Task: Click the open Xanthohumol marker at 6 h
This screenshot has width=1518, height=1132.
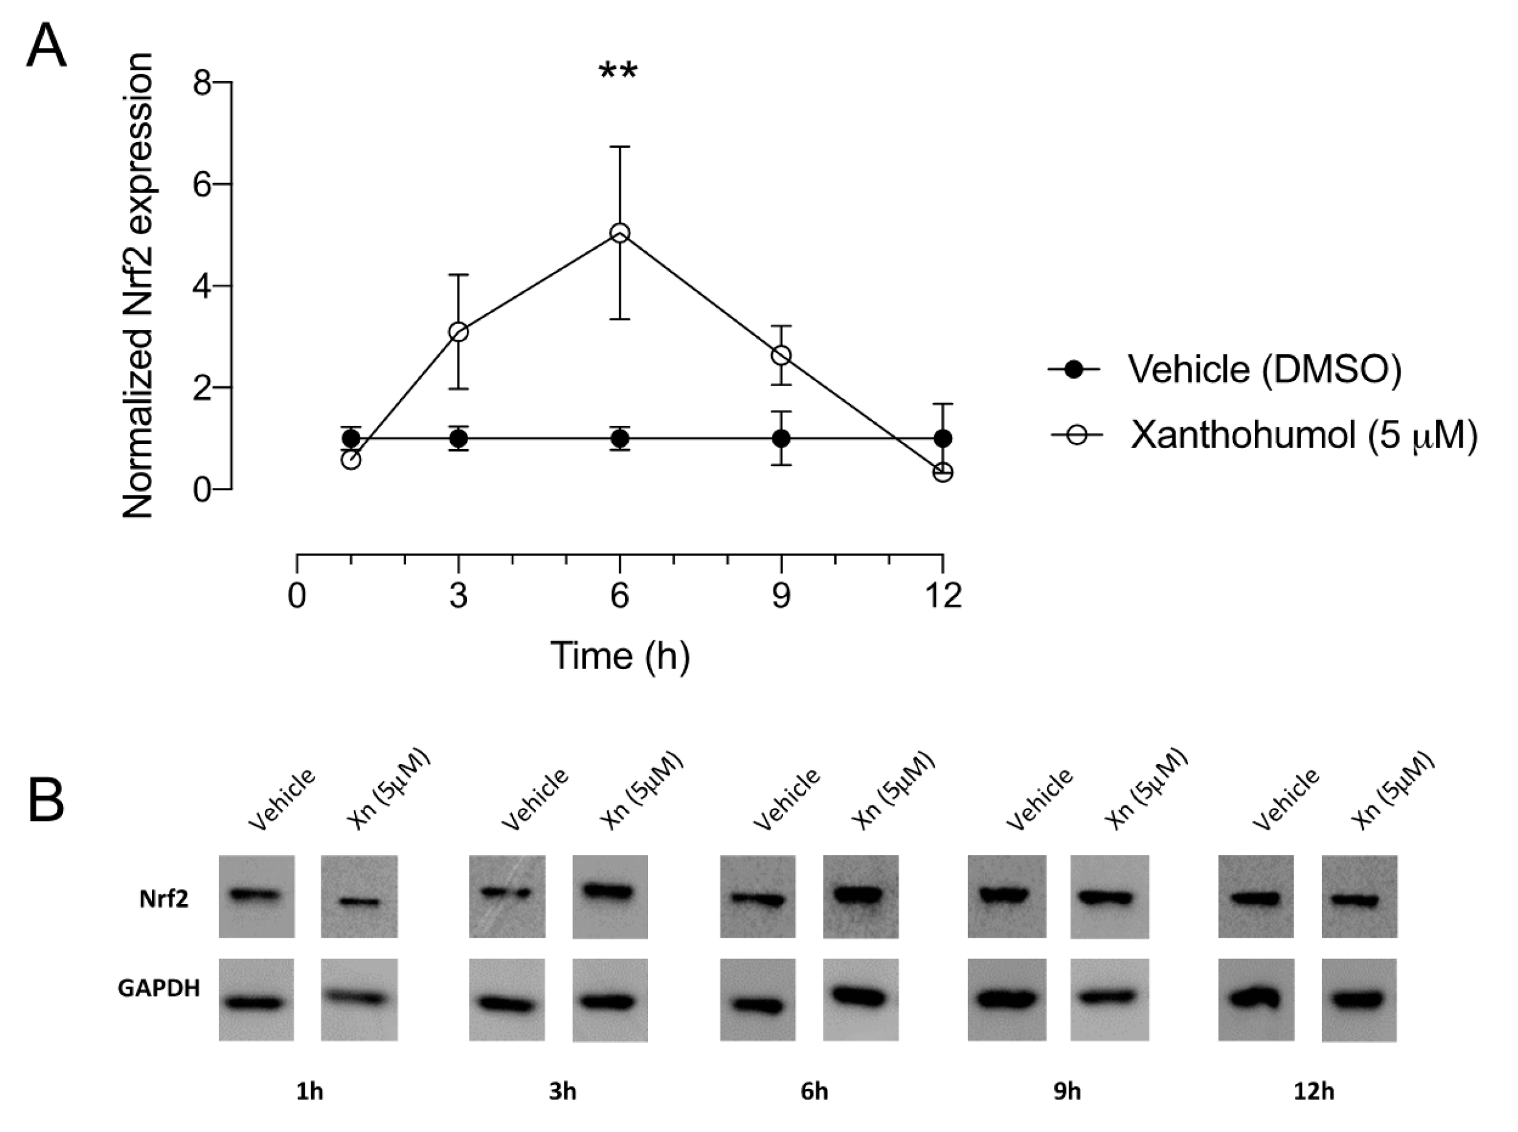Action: tap(619, 234)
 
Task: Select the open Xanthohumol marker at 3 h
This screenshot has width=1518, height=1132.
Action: tap(459, 332)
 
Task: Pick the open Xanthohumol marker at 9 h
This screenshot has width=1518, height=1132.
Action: tap(781, 355)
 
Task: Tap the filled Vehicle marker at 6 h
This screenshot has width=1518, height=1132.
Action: tap(619, 439)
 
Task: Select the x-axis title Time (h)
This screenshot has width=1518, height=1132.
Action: tap(619, 656)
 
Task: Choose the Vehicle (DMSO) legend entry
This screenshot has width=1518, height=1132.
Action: tap(1264, 370)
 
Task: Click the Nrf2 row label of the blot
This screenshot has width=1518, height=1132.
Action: tap(163, 899)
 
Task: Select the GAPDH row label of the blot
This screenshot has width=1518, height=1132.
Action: tap(159, 988)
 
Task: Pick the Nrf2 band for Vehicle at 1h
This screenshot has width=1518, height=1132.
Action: tap(256, 894)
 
